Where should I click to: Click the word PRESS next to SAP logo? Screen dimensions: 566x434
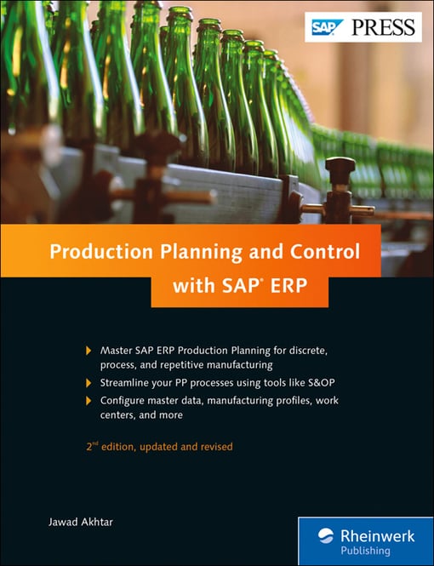tap(381, 26)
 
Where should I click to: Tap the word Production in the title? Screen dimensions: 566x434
tap(94, 252)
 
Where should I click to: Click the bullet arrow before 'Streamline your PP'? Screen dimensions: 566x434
tap(89, 383)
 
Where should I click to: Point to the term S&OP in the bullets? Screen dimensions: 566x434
tap(317, 383)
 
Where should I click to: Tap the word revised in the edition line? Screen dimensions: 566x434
tap(214, 446)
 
